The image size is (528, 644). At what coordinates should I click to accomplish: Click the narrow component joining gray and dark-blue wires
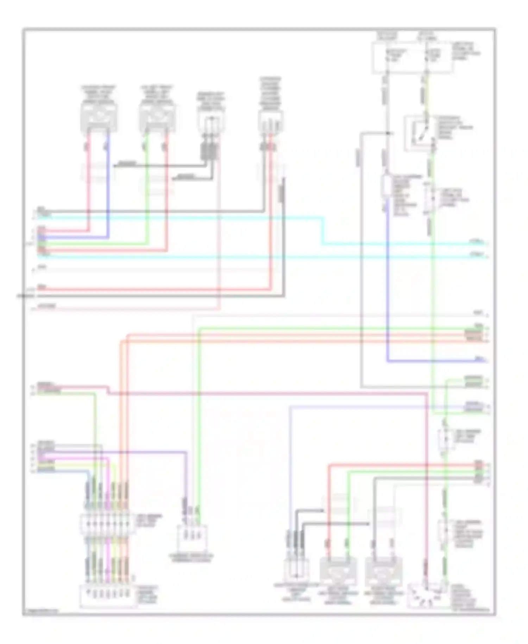387,187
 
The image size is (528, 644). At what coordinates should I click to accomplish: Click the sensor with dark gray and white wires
384,571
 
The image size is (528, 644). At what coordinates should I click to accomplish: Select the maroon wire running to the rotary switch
425,493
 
